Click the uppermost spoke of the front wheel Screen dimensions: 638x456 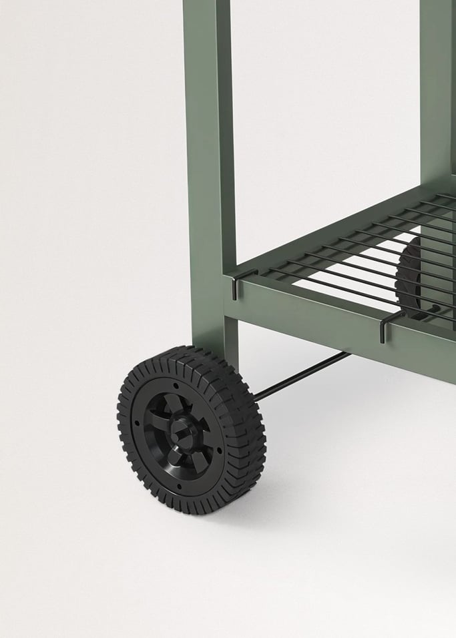coord(176,403)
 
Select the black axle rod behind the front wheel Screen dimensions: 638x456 coord(300,377)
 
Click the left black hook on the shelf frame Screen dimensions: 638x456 coord(234,288)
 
